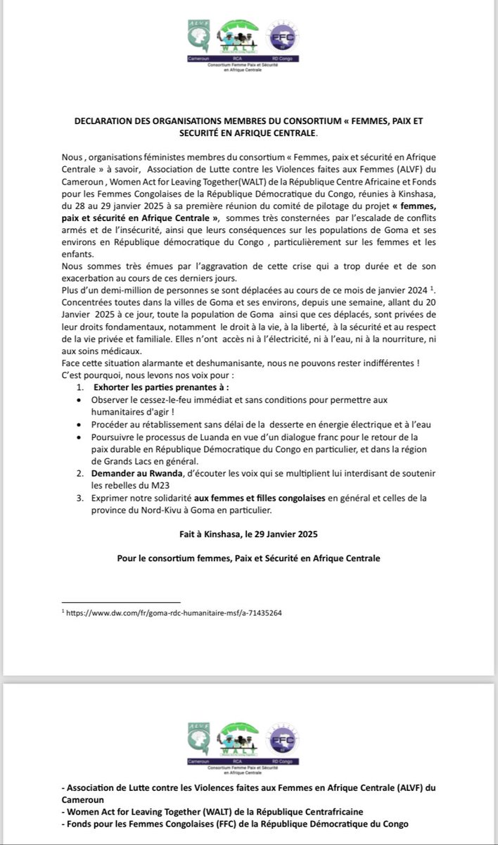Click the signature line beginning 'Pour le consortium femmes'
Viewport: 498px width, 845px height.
(x=248, y=558)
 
